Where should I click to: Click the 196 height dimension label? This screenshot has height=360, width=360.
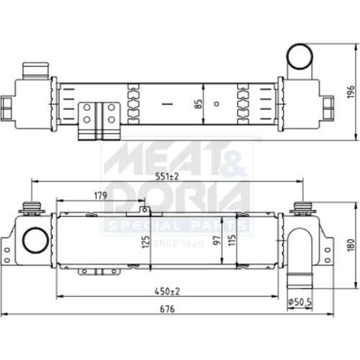tap(351, 91)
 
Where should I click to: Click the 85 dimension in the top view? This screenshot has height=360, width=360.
tap(199, 104)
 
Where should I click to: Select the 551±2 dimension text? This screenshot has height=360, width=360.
tap(167, 176)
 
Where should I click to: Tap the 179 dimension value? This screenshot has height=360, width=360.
tap(101, 196)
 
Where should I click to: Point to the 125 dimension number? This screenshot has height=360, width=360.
tap(146, 242)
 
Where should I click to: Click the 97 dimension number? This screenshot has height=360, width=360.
tap(217, 240)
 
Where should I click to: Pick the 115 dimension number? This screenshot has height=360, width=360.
tap(232, 240)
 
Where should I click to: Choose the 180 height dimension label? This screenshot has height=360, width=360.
tap(351, 245)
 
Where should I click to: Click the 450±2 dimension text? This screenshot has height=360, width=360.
tap(167, 292)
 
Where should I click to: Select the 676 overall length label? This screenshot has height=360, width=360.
tap(167, 309)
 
